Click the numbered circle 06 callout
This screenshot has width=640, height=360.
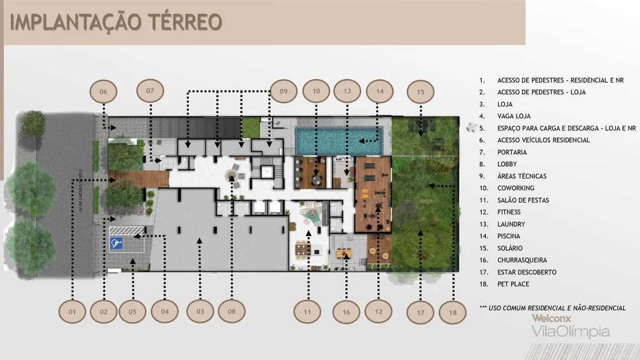[104, 91]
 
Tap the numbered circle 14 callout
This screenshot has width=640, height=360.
[380, 91]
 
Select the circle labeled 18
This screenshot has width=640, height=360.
[453, 312]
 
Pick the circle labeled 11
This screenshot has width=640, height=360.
[307, 312]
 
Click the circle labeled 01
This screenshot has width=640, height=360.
[72, 312]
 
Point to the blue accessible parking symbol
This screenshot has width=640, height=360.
[116, 243]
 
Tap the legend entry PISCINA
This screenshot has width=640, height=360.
[508, 236]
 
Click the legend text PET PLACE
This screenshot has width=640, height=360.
[513, 284]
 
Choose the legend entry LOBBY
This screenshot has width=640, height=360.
[507, 164]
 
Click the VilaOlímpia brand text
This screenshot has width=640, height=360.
[570, 332]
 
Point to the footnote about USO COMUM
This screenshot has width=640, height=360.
[553, 308]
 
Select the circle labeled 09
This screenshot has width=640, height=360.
[283, 91]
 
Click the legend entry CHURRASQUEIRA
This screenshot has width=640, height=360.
[522, 260]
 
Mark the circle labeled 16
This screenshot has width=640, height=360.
[347, 312]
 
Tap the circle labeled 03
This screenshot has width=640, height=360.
[200, 312]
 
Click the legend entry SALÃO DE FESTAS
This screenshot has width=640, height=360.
[523, 200]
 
